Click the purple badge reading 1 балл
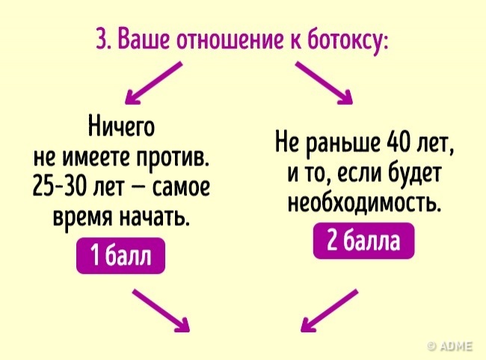coord(120,258)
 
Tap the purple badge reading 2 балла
coord(363,242)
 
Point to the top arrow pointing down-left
coord(155,82)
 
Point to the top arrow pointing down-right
coord(324,82)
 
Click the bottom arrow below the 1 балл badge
coord(161,311)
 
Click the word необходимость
coord(363,203)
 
